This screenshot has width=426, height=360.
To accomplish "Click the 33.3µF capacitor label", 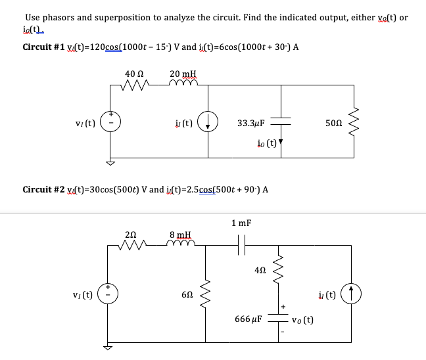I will click(250, 122).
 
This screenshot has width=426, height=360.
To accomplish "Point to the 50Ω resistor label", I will click(334, 122).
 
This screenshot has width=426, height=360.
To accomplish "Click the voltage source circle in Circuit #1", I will click(110, 123).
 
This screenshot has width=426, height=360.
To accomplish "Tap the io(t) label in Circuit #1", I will click(265, 141).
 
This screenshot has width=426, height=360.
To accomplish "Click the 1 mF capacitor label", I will click(241, 223).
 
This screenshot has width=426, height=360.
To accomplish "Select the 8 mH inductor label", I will click(179, 233).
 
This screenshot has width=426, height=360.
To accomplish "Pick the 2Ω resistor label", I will click(131, 233).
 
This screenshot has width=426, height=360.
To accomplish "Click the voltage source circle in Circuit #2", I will click(110, 296).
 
